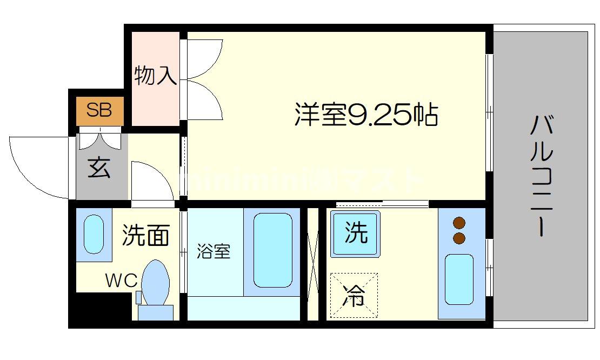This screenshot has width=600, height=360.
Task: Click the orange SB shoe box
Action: click(x=99, y=110)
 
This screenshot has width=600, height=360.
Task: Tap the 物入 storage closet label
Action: click(x=156, y=76)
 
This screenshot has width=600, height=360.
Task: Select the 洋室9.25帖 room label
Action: click(x=366, y=114)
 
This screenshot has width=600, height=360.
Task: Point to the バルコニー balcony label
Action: click(x=541, y=176)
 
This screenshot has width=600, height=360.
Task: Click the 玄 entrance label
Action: click(x=99, y=168)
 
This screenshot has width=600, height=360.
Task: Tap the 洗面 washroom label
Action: click(x=145, y=235)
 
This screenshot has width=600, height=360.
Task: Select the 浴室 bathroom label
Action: click(x=214, y=251)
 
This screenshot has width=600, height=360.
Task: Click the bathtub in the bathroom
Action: click(x=272, y=250)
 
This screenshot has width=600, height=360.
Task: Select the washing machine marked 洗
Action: click(x=356, y=233)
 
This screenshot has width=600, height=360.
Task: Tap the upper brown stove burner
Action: click(x=459, y=223)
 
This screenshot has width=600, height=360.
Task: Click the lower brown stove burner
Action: click(x=459, y=238)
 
